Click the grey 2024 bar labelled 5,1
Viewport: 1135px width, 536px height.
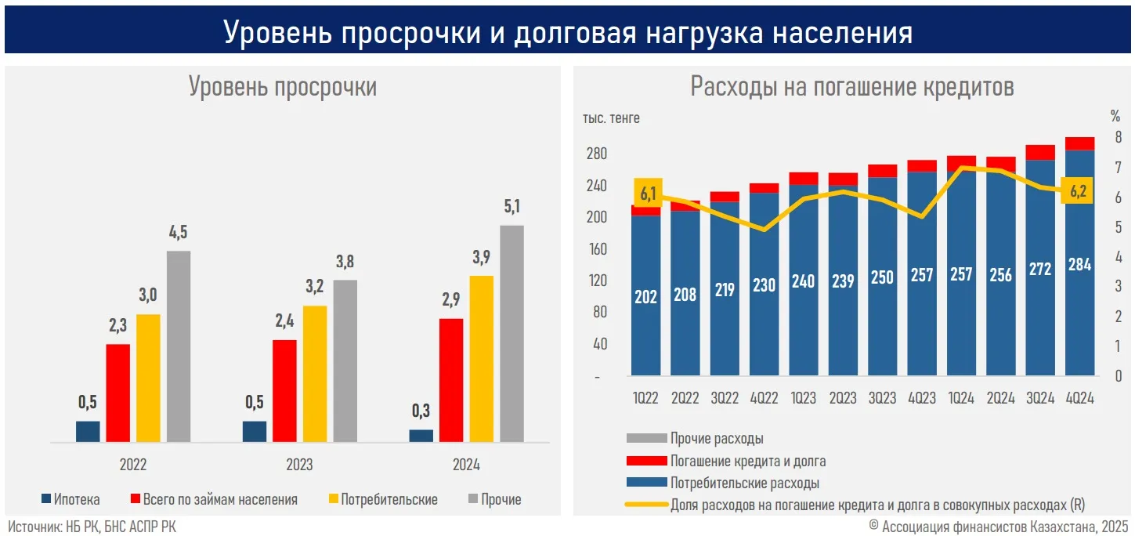[x=511, y=334]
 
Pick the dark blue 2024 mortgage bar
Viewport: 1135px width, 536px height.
[x=421, y=436]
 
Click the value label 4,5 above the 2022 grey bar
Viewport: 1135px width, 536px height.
[x=178, y=233]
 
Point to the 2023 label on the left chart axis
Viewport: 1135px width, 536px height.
[x=299, y=465]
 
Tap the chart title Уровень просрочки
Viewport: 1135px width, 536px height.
[x=283, y=86]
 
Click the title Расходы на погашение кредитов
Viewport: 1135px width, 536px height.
[x=852, y=86]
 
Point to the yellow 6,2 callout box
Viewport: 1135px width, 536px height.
[x=1079, y=190]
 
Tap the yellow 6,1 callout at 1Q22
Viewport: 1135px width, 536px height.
[x=649, y=194]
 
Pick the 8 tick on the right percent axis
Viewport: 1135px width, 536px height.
[x=1118, y=138]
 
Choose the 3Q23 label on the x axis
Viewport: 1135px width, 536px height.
[x=882, y=399]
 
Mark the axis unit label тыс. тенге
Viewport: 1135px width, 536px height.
[x=611, y=118]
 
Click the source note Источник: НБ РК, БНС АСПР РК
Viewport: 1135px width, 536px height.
[x=92, y=527]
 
